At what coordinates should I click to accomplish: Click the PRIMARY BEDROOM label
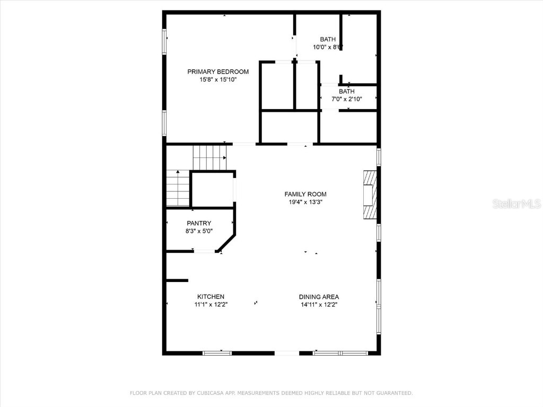[218, 72]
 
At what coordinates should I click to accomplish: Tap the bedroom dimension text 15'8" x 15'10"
[218, 79]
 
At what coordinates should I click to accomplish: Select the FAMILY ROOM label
[305, 194]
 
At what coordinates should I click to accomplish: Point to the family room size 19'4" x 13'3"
[305, 202]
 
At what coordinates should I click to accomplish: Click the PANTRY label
[199, 223]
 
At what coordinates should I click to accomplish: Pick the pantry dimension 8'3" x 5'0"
[199, 231]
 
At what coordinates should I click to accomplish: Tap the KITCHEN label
[211, 296]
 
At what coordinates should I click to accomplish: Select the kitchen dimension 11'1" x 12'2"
[211, 304]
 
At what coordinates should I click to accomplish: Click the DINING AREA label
[319, 296]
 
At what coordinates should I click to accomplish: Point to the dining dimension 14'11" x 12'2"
[319, 304]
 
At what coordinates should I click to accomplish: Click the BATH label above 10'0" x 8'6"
[328, 39]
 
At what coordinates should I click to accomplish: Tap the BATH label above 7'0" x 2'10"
[347, 91]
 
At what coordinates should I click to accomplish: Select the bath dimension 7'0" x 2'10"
[347, 99]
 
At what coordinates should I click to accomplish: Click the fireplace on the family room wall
[370, 194]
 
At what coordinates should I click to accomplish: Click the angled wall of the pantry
[226, 242]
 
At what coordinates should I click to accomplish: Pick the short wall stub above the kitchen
[177, 280]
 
